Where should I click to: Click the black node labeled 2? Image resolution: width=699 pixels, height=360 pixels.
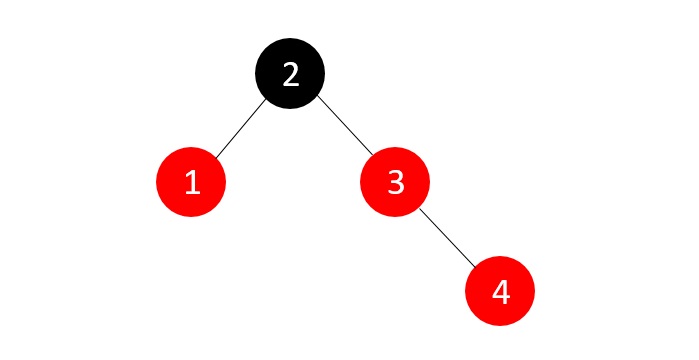pos(290,75)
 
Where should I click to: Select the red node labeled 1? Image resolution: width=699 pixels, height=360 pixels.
pos(192,183)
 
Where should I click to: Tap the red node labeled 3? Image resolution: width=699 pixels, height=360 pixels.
pos(395,183)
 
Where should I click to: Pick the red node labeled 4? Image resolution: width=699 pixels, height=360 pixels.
pos(500,291)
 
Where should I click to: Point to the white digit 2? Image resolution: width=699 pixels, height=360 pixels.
pos(290,75)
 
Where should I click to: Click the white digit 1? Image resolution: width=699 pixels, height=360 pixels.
pos(192,183)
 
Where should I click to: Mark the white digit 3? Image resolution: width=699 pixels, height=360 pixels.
pos(395,183)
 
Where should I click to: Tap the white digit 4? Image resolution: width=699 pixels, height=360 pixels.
pos(500,291)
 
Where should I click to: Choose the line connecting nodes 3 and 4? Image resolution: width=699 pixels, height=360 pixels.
pos(447,237)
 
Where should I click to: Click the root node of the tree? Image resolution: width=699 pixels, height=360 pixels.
pos(290,75)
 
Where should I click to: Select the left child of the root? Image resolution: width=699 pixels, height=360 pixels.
pos(192,183)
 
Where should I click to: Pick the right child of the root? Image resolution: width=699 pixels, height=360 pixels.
pos(395,183)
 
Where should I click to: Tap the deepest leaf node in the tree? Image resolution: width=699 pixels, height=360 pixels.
pos(500,291)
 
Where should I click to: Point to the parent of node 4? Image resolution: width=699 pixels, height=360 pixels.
pos(395,183)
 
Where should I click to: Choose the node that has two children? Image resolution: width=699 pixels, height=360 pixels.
pos(290,75)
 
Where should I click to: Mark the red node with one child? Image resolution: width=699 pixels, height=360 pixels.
pos(395,183)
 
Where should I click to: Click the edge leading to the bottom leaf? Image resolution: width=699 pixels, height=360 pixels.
pos(447,237)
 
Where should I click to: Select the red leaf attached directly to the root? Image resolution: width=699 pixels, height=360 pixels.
pos(192,183)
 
